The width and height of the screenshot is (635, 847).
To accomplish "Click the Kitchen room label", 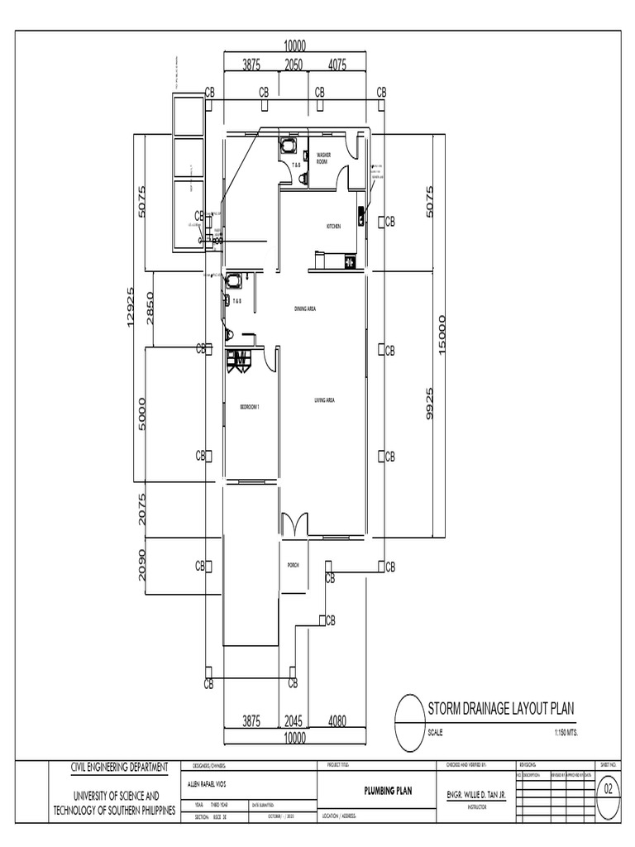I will (334, 226).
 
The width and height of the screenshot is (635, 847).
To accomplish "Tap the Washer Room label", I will (323, 158).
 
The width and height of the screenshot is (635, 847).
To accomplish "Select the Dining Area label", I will (306, 309).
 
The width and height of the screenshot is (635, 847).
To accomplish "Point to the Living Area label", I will (323, 400).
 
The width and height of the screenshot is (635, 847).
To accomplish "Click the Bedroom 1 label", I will (250, 407).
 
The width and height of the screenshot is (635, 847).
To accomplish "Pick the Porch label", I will (292, 565).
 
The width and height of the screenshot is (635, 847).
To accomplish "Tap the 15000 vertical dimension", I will (442, 336).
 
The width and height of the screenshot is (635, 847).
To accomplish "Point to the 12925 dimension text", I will (130, 307).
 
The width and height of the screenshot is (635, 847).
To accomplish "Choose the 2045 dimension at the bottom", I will (294, 721).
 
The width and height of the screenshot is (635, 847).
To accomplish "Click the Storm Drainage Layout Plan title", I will (500, 708).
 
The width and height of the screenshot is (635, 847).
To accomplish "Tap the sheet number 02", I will (610, 789).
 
